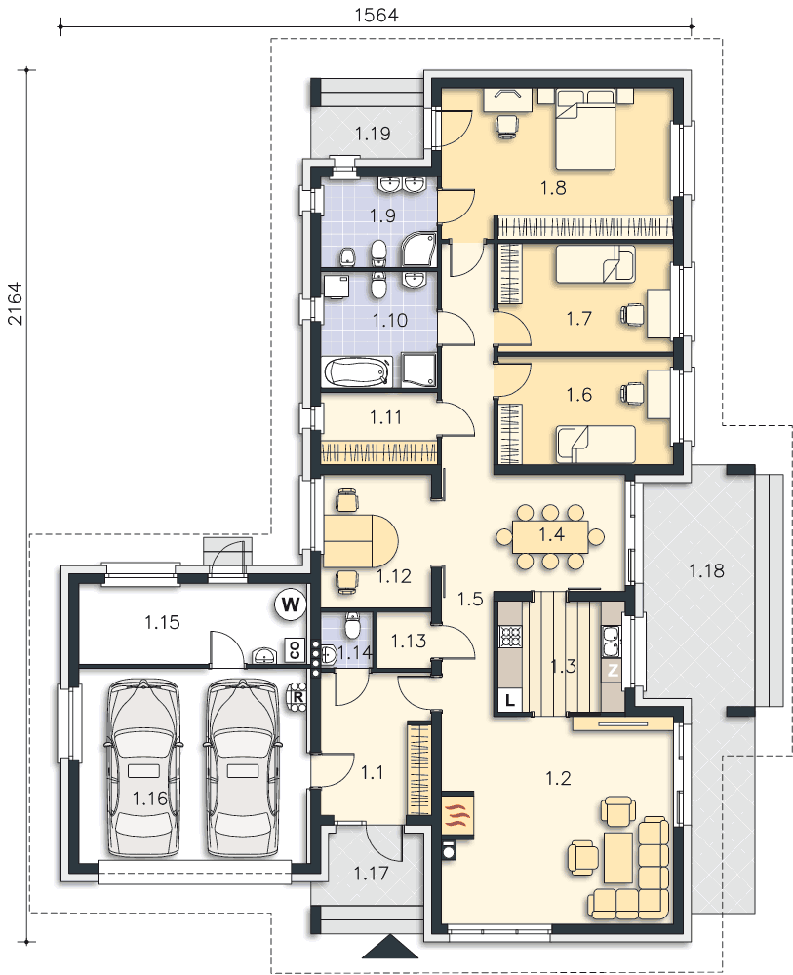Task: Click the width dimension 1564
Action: [377, 15]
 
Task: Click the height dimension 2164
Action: [15, 303]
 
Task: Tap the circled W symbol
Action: [291, 604]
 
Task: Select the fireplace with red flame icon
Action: [459, 811]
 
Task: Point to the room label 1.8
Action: [553, 187]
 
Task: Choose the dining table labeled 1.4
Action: [550, 536]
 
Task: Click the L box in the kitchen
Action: [510, 701]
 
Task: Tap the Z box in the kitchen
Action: [614, 672]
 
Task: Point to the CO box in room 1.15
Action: [295, 650]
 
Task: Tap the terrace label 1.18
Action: [706, 570]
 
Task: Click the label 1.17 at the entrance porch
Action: [372, 873]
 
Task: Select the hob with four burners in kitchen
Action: [511, 636]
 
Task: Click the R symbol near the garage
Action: [298, 696]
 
